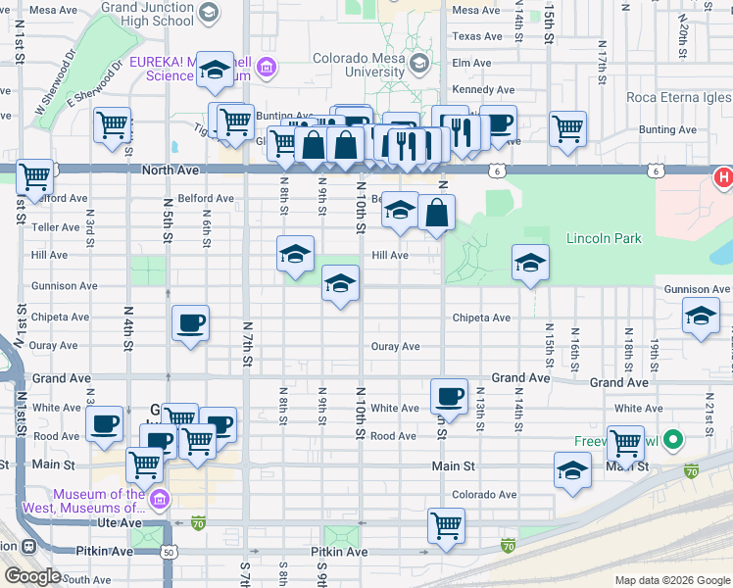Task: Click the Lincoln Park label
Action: point(604,238)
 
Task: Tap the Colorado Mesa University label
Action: point(359,65)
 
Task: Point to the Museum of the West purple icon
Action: point(161,501)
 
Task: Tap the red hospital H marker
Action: point(723,178)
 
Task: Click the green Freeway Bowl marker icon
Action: point(672,440)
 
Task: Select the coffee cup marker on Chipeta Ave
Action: point(190,323)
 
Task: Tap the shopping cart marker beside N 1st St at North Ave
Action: point(34,177)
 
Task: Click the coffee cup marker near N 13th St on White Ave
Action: point(449,396)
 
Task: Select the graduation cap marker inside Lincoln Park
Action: point(529,263)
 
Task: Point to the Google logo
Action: point(32,576)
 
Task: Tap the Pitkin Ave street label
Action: point(339,552)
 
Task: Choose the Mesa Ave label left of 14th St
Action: point(476,10)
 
